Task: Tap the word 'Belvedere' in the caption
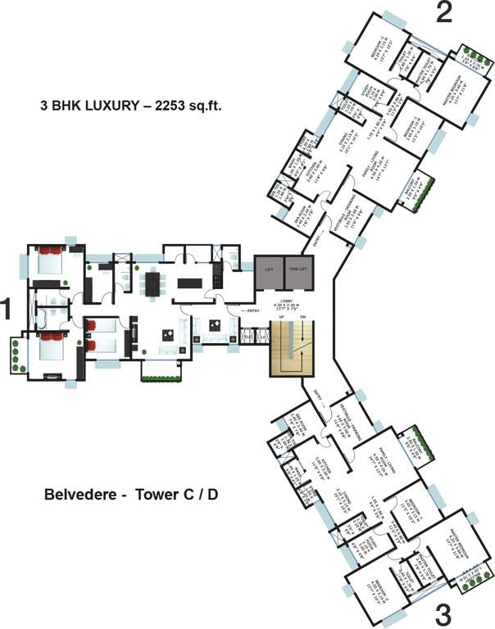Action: click(x=78, y=495)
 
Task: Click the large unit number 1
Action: click(x=7, y=310)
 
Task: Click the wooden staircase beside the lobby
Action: click(x=293, y=349)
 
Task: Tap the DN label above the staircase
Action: click(x=302, y=317)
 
